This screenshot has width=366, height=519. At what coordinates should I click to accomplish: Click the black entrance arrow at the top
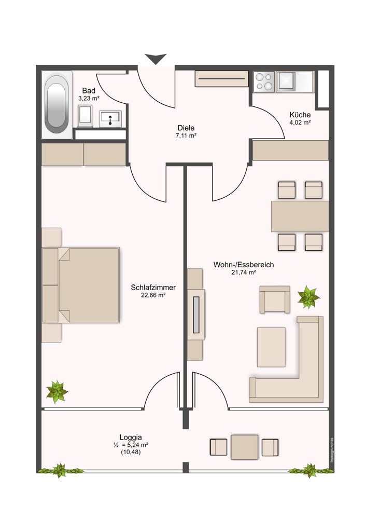pyautogui.click(x=156, y=59)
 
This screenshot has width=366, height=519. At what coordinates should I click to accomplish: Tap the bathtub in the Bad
pyautogui.click(x=57, y=105)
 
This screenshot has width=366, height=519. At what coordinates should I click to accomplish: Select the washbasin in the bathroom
pyautogui.click(x=110, y=119)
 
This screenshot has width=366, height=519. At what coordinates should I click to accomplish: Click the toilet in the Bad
pyautogui.click(x=85, y=116)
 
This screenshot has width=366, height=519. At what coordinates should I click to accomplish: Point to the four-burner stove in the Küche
pyautogui.click(x=264, y=82)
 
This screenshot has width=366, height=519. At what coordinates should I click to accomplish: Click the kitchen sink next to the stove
pyautogui.click(x=286, y=81)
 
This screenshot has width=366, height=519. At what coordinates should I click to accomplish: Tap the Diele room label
pyautogui.click(x=186, y=128)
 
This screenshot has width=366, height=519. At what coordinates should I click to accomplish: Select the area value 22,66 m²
pyautogui.click(x=153, y=295)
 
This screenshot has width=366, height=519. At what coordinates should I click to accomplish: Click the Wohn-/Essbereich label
pyautogui.click(x=244, y=265)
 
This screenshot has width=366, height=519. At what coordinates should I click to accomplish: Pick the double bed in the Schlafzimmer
pyautogui.click(x=81, y=285)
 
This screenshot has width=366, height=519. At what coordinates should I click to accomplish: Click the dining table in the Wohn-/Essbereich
pyautogui.click(x=300, y=216)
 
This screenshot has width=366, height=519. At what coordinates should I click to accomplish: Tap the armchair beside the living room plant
pyautogui.click(x=275, y=299)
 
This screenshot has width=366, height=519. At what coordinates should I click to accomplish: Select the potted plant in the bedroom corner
pyautogui.click(x=57, y=391)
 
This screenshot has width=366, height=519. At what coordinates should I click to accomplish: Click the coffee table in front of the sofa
pyautogui.click(x=271, y=347)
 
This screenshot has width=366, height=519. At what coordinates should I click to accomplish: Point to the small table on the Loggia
pyautogui.click(x=244, y=447)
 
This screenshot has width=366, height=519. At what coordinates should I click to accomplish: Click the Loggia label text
pyautogui.click(x=131, y=437)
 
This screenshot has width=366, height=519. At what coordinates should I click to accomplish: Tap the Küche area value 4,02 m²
pyautogui.click(x=300, y=122)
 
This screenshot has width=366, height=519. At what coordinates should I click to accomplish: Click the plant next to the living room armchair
pyautogui.click(x=308, y=297)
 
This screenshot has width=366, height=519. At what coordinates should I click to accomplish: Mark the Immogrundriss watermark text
pyautogui.click(x=332, y=450)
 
